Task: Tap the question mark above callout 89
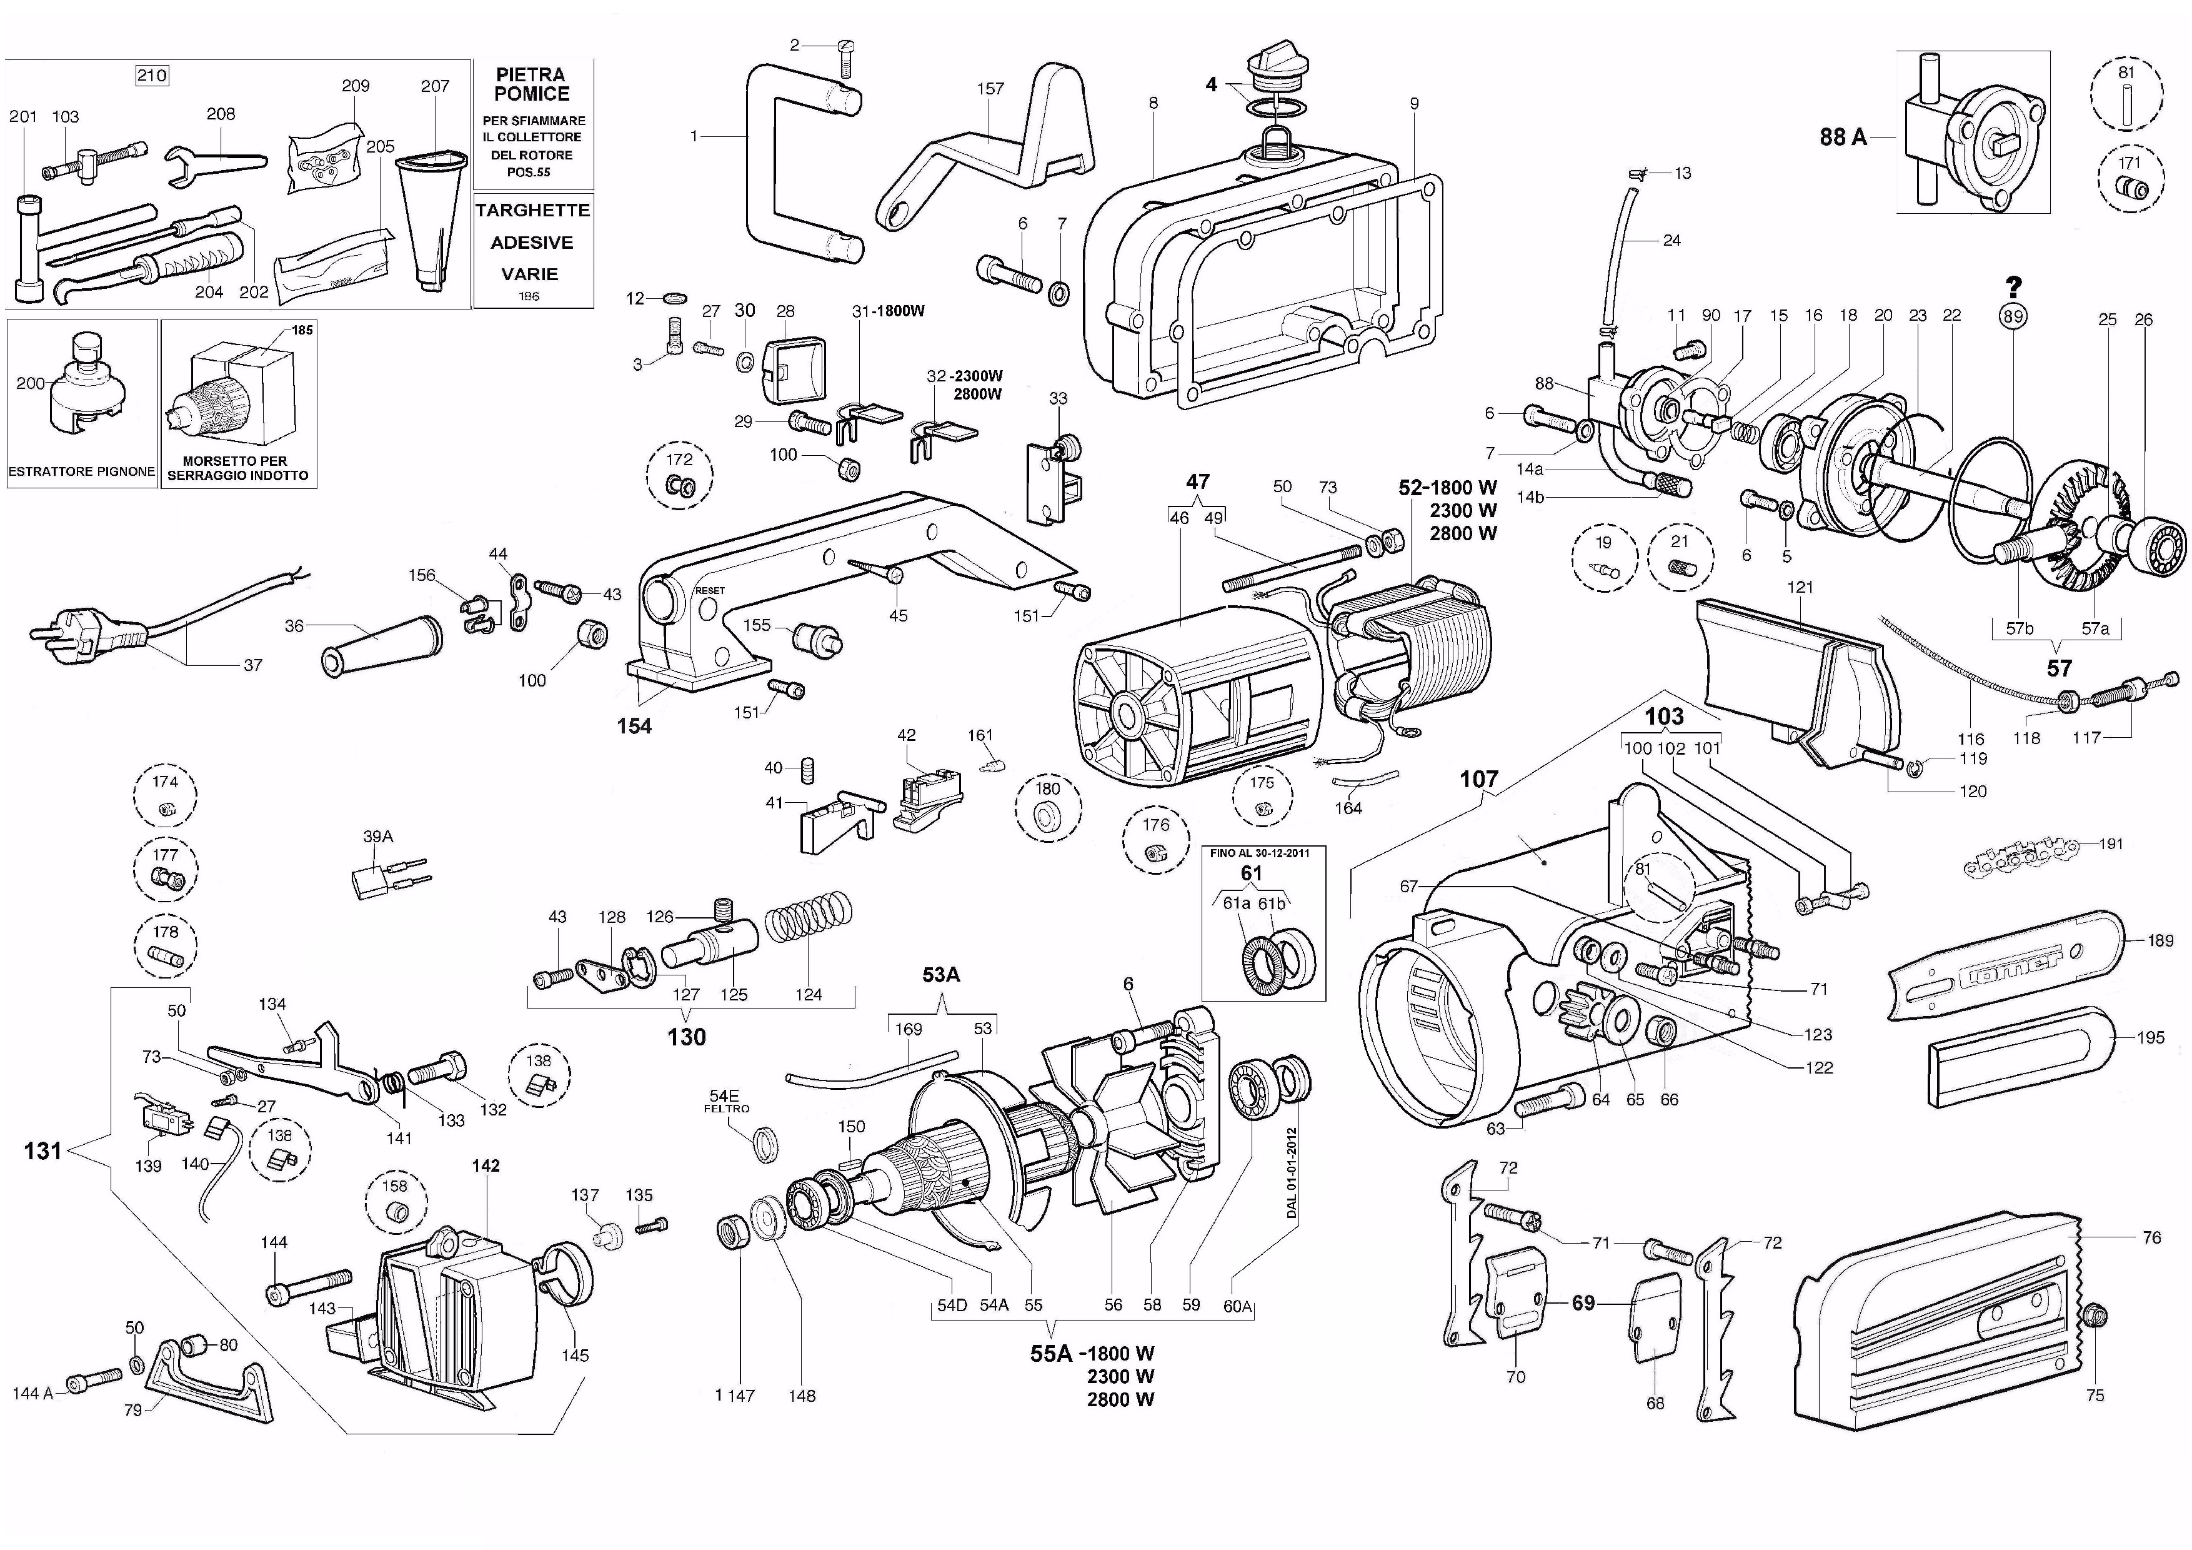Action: pos(2013,286)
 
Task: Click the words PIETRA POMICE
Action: pos(532,84)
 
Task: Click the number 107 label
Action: pos(1479,779)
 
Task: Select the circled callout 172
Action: pos(679,474)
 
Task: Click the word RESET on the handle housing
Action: pos(709,590)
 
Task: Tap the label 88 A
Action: pos(1843,136)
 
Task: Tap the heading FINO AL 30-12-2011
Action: pos(1260,853)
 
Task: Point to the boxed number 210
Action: pos(152,76)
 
